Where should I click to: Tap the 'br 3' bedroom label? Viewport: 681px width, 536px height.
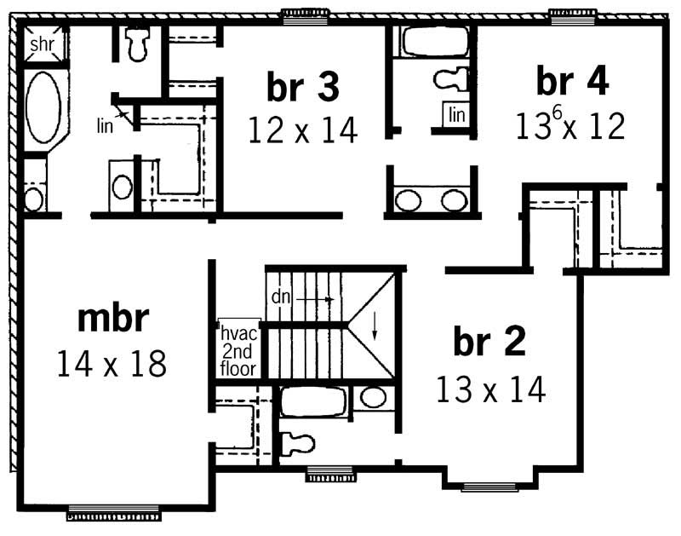pyautogui.click(x=304, y=85)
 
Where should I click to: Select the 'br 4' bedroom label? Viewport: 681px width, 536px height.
pyautogui.click(x=572, y=81)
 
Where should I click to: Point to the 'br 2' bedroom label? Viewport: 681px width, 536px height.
pyautogui.click(x=489, y=342)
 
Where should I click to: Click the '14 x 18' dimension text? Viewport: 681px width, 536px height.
pyautogui.click(x=112, y=364)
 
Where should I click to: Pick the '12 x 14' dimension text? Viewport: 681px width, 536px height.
pyautogui.click(x=303, y=130)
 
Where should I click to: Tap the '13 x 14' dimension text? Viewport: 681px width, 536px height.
pyautogui.click(x=489, y=389)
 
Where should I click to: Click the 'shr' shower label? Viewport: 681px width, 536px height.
pyautogui.click(x=43, y=43)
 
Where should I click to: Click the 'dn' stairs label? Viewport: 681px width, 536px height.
pyautogui.click(x=282, y=297)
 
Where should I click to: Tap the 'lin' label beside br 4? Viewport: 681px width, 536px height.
pyautogui.click(x=457, y=114)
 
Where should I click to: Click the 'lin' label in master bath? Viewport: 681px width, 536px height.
pyautogui.click(x=103, y=122)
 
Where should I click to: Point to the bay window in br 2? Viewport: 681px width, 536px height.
pyautogui.click(x=489, y=487)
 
